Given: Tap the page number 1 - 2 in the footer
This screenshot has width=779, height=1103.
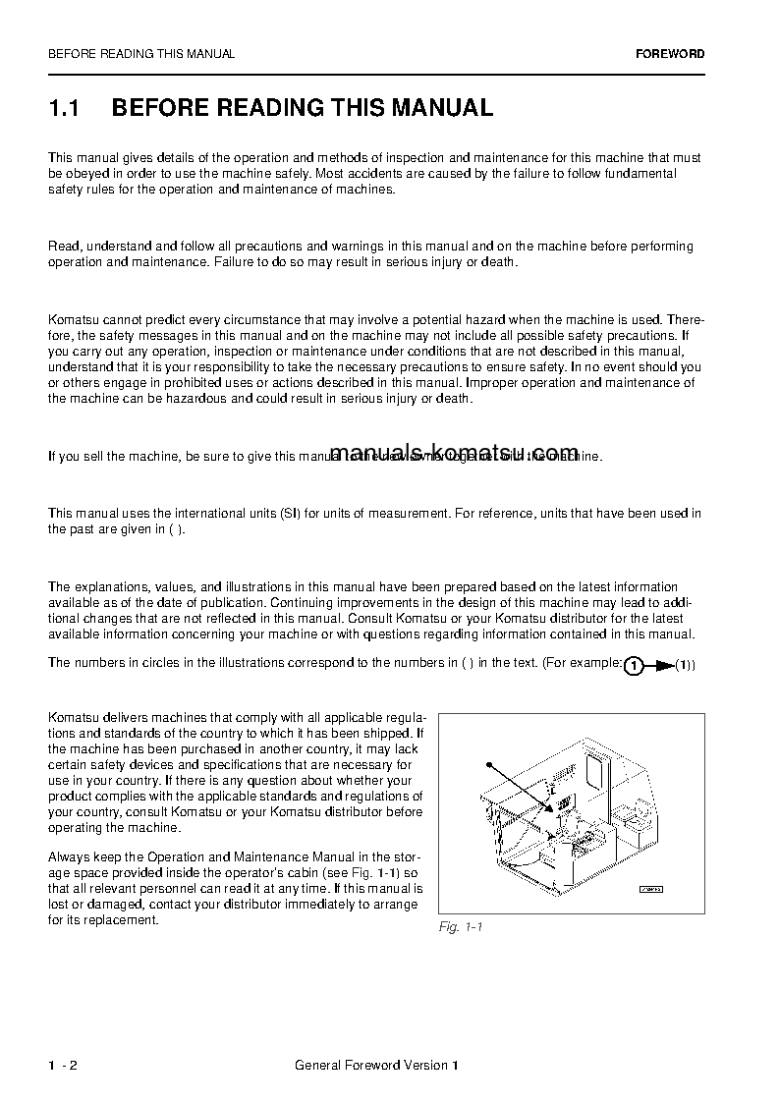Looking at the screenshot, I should click(x=63, y=1065).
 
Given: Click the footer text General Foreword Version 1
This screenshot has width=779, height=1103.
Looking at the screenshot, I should click(x=376, y=1065).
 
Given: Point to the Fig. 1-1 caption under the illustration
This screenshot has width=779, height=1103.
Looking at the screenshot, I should click(x=461, y=927).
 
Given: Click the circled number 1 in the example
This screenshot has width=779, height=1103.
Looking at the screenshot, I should click(x=635, y=666).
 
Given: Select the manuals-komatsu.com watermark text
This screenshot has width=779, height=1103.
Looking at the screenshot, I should click(x=455, y=453).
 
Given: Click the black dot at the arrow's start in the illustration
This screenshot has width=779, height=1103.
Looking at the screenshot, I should click(x=488, y=762).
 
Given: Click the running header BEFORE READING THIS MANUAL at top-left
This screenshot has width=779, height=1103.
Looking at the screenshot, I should click(x=141, y=54).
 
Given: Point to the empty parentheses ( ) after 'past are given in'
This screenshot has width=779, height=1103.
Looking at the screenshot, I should click(x=175, y=529).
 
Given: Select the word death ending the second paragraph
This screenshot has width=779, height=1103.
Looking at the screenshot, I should click(x=497, y=262).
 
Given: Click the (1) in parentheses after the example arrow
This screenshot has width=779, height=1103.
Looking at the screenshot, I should click(x=685, y=666).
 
